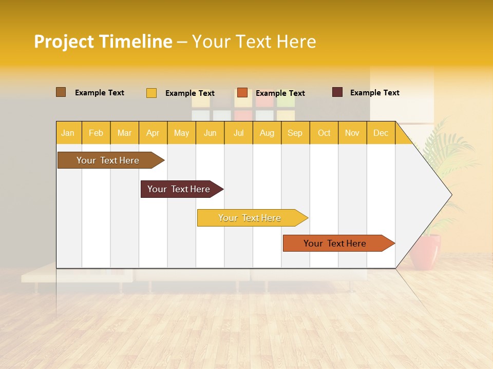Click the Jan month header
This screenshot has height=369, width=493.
pyautogui.click(x=68, y=133)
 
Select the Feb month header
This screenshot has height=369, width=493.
pyautogui.click(x=96, y=133)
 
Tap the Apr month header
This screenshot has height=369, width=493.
pyautogui.click(x=153, y=133)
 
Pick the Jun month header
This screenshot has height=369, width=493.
pyautogui.click(x=210, y=133)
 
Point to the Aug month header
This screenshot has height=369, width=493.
pyautogui.click(x=267, y=133)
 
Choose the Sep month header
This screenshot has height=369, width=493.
pyautogui.click(x=295, y=133)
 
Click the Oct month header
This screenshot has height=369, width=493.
pyautogui.click(x=324, y=133)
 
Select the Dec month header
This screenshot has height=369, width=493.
pyautogui.click(x=381, y=133)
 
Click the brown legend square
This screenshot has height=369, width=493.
pyautogui.click(x=61, y=92)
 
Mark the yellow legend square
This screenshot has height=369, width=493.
pyautogui.click(x=151, y=93)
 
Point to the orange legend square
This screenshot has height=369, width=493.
pyautogui.click(x=242, y=93)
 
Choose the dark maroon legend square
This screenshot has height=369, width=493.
pyautogui.click(x=337, y=92)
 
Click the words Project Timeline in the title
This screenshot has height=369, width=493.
pyautogui.click(x=103, y=42)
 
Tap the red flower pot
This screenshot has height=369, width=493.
pyautogui.click(x=425, y=251)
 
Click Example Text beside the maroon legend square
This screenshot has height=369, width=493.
pyautogui.click(x=374, y=93)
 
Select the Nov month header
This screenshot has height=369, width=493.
pyautogui.click(x=352, y=133)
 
